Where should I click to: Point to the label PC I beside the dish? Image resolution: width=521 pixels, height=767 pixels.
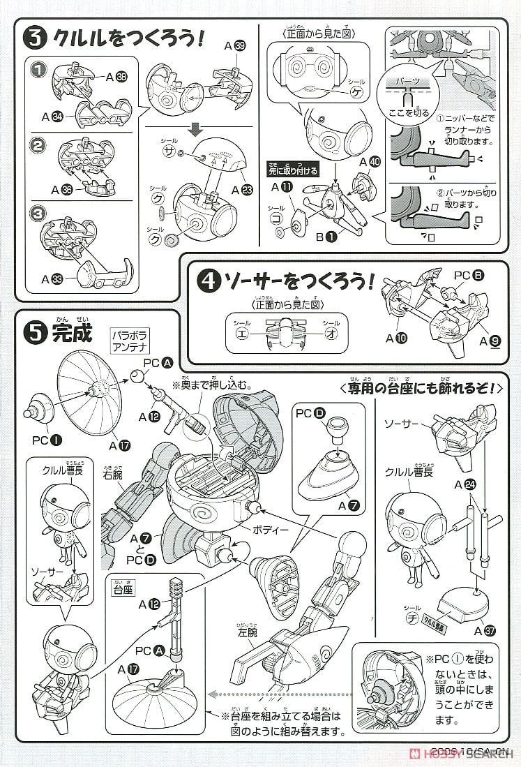[x=44, y=440]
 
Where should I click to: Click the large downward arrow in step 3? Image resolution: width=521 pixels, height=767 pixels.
[x=196, y=131]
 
